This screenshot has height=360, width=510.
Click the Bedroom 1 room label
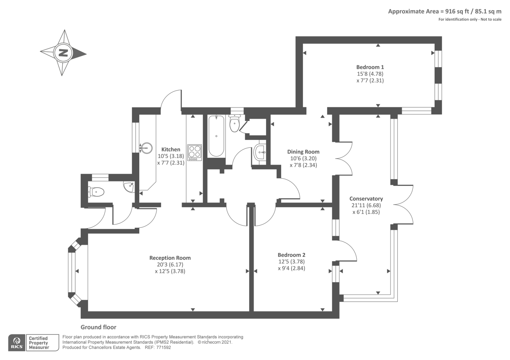[x=370, y=67]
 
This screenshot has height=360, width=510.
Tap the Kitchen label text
[x=171, y=149]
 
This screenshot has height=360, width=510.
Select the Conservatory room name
[x=366, y=199]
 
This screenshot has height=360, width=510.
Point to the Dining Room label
[x=303, y=152]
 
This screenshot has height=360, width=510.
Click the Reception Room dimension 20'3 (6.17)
[x=170, y=265]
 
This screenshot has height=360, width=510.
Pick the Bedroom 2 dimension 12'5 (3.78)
[x=291, y=262]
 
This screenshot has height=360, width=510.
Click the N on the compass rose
[x=63, y=53]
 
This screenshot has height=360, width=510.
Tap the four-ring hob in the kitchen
[x=194, y=153]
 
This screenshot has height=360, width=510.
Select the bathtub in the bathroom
[x=216, y=136]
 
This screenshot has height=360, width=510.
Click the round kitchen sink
[x=147, y=148]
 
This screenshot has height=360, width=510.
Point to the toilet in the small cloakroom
[x=97, y=192]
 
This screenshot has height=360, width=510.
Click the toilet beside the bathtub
[x=234, y=124]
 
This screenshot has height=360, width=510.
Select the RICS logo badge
[x=17, y=343]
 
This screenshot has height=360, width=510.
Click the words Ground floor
[x=98, y=327]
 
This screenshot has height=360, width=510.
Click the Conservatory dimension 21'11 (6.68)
[x=366, y=205]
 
